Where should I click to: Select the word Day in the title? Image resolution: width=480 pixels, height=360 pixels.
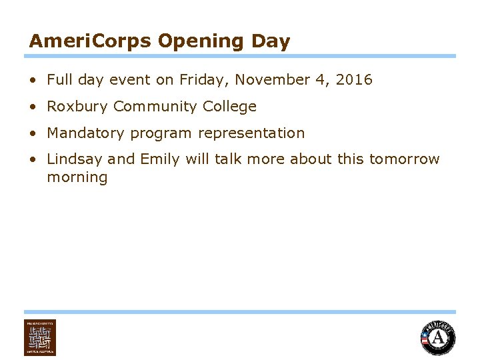271,41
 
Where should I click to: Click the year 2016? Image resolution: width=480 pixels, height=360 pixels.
354,80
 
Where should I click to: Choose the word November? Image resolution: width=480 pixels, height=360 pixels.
272,80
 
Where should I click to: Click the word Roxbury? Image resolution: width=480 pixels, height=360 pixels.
77,107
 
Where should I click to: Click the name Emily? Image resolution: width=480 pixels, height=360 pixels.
157,159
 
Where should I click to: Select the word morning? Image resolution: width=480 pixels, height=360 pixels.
77,177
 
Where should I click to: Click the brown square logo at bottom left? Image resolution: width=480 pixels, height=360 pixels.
40,337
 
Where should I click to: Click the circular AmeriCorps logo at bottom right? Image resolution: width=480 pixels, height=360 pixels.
437,337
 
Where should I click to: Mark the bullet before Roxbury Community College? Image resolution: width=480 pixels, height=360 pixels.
33,107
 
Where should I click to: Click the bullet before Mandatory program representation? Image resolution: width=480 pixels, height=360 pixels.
33,133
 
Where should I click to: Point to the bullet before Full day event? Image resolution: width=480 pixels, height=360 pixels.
33,80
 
